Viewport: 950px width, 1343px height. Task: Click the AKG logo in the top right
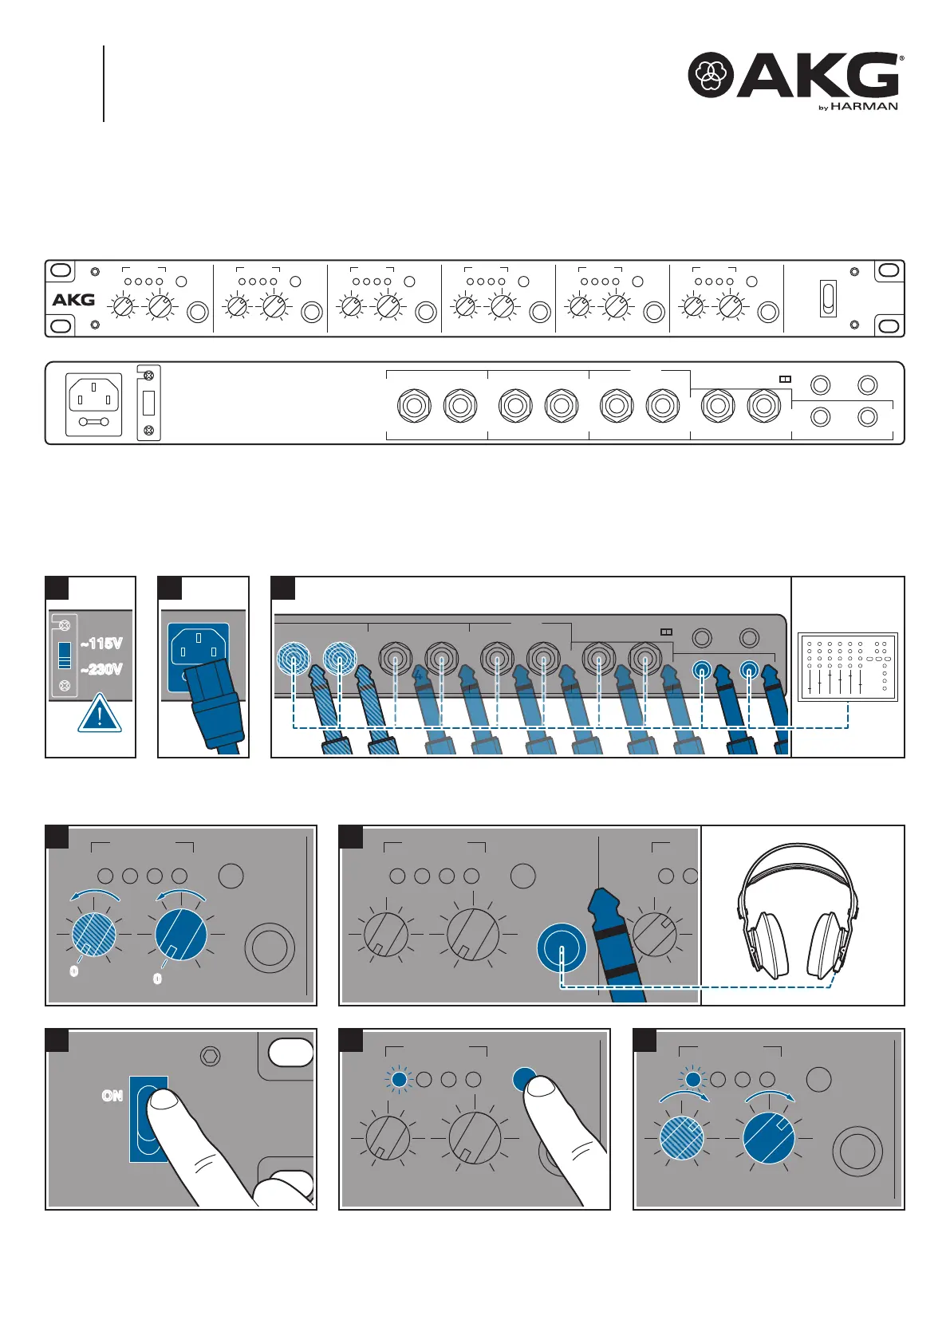[x=794, y=75]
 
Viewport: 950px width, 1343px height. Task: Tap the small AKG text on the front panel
[x=73, y=300]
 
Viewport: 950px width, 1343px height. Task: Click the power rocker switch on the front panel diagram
[x=829, y=298]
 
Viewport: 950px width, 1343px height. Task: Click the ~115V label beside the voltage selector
[x=102, y=644]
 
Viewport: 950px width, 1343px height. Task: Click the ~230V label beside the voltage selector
[x=102, y=669]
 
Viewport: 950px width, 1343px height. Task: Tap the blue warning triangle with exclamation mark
[x=100, y=714]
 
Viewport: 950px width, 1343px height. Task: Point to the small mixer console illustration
[x=848, y=667]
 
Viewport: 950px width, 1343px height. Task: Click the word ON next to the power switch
[x=112, y=1096]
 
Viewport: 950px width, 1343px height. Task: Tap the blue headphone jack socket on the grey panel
[x=562, y=948]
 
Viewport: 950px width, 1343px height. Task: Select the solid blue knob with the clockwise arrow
[x=769, y=1139]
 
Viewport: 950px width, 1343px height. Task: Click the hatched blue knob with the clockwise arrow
[x=682, y=1138]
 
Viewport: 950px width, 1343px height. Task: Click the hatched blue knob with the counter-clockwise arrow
[x=94, y=933]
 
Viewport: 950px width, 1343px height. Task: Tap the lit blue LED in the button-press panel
[x=399, y=1080]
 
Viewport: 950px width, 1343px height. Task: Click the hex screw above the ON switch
[x=211, y=1057]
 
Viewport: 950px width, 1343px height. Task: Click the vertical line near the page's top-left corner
[x=104, y=84]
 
